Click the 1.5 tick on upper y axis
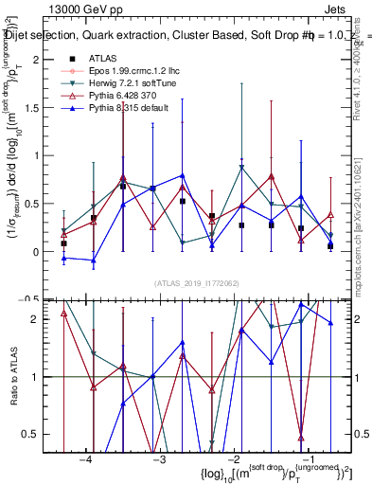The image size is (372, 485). [37, 107]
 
